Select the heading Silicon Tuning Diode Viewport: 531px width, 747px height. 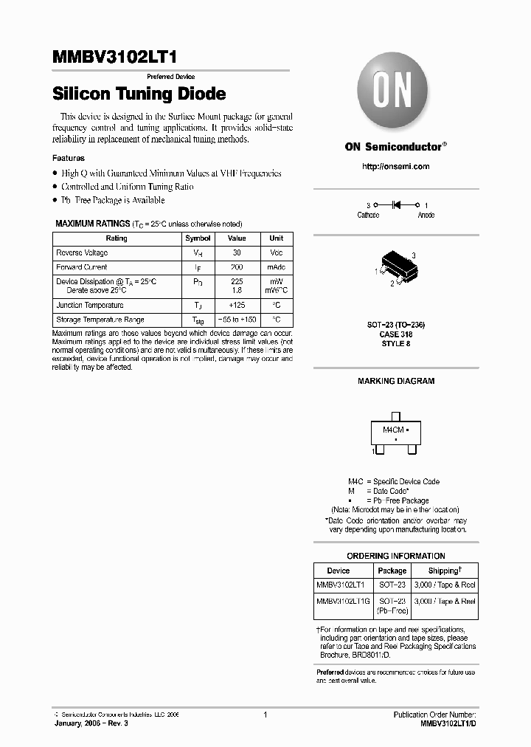[x=139, y=94]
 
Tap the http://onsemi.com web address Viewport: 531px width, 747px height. [x=395, y=167]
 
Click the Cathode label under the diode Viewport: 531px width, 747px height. [x=368, y=215]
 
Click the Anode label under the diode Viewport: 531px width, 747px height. [x=426, y=215]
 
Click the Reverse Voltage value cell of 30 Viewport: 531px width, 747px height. [x=237, y=252]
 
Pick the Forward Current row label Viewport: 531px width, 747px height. [x=82, y=267]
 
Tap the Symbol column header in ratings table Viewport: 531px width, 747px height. [x=198, y=238]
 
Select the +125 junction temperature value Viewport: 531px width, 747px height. [x=237, y=305]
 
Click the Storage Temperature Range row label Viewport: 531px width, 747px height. [x=100, y=320]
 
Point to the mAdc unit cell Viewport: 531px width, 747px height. [x=276, y=267]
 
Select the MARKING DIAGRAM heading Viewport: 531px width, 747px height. [x=396, y=381]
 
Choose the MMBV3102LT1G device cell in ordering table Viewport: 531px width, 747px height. [x=342, y=601]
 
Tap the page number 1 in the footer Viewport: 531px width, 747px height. [x=265, y=715]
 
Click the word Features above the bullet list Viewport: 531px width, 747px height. [x=68, y=158]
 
